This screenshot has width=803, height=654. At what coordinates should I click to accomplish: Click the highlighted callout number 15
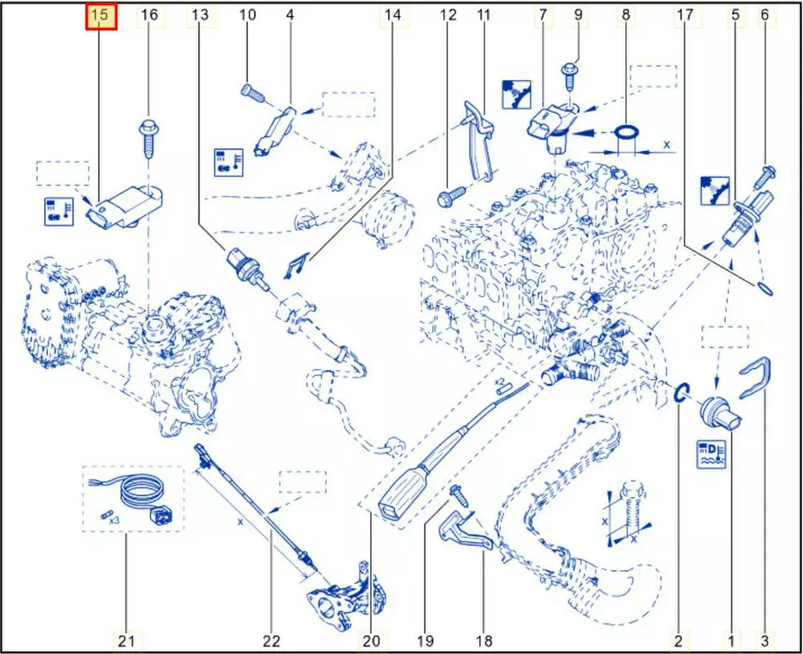point(100,15)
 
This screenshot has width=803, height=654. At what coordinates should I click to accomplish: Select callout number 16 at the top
point(149,14)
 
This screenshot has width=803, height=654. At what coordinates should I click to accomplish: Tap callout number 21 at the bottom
point(127,640)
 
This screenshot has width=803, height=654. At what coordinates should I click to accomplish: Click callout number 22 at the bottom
point(271,640)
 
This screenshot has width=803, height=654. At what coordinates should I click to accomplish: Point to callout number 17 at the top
point(685,14)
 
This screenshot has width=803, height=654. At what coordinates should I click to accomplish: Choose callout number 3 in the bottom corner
point(764,640)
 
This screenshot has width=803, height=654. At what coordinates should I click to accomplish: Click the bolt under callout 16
point(148,139)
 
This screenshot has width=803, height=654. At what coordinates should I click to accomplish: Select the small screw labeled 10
point(252,92)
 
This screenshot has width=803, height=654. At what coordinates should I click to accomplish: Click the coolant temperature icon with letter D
point(711,453)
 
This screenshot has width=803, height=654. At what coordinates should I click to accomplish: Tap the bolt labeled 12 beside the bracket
point(451,196)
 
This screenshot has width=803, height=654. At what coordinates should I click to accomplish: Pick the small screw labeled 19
point(459,497)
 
